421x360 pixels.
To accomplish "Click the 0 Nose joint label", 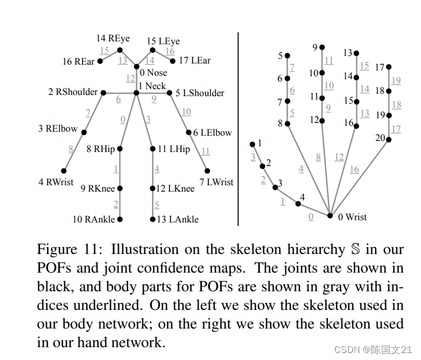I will [154, 73].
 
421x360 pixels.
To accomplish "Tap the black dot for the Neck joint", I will [136, 93].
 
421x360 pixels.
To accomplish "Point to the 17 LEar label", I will [195, 61].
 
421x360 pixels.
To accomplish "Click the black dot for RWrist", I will [64, 171].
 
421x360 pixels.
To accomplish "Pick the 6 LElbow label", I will [213, 133].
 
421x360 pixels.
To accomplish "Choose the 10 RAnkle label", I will [94, 220].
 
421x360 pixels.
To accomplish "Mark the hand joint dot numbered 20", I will [389, 139].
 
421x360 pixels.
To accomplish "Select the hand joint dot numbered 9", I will [322, 47].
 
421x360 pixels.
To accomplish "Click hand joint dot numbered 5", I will [288, 56].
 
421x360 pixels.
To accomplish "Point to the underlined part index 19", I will [396, 80].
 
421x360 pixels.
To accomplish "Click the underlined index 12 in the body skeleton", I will [130, 77].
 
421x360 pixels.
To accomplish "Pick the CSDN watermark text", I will [346, 350].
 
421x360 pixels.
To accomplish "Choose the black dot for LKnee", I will [153, 189].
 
